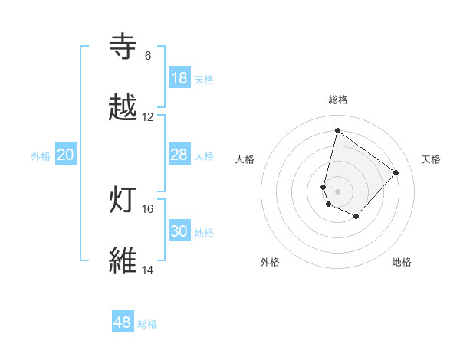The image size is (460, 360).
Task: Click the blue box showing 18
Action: pos(179,78)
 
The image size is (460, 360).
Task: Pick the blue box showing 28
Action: pos(179,155)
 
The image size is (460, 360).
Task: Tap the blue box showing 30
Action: pos(179,231)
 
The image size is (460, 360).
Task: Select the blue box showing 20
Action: pos(66,155)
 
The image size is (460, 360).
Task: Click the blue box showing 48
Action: pos(123,322)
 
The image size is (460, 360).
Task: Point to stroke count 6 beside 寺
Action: pos(148,56)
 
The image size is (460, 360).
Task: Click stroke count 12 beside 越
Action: pos(148,117)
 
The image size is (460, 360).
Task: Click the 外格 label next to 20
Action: pos(41,156)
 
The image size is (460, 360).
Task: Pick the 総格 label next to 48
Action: pos(147,324)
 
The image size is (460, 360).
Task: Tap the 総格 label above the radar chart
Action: pos(338,100)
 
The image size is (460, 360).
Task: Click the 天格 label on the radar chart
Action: pos(432,159)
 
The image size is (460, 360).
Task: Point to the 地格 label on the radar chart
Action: pos(402,262)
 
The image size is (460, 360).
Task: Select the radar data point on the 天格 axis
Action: pos(396,172)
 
